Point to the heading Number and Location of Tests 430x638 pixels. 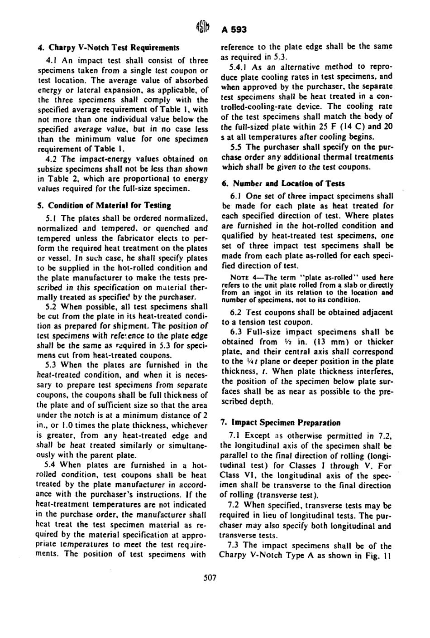tap(287, 183)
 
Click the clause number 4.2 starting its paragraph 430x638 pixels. tap(53, 159)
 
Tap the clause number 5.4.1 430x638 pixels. tap(239, 67)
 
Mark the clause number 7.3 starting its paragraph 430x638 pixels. tap(236, 544)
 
